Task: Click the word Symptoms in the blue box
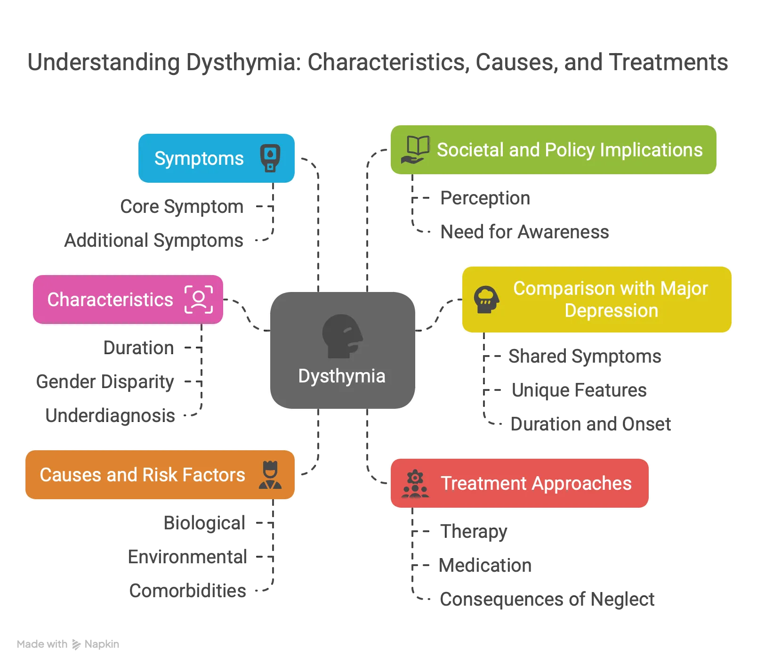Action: (x=199, y=159)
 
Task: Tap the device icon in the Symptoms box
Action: (x=270, y=158)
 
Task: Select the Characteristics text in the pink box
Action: (x=110, y=300)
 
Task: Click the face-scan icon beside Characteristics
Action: (x=199, y=300)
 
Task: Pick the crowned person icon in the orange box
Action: (x=270, y=475)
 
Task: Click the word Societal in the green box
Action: (x=471, y=150)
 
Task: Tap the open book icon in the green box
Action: (x=415, y=150)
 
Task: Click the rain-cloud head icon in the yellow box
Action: (x=486, y=300)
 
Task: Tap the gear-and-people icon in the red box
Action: (x=415, y=484)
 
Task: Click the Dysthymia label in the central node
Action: (x=342, y=376)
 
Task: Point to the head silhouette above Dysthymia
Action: (x=342, y=336)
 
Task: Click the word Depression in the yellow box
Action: (x=611, y=311)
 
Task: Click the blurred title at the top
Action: (x=378, y=63)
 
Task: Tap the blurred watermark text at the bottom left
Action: (x=67, y=643)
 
